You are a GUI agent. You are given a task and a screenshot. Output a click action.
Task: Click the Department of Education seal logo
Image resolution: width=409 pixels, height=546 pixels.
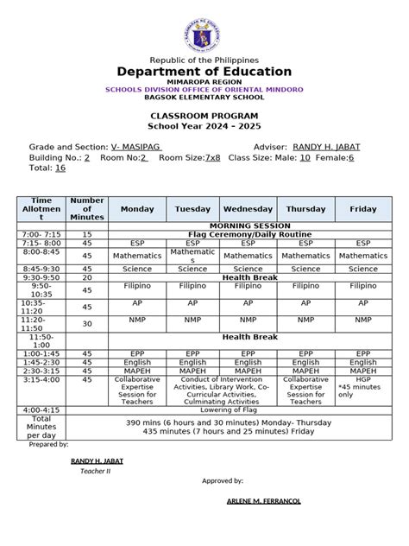tap(204, 29)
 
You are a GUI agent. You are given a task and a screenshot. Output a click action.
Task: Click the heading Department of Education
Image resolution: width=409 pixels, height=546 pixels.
tap(204, 71)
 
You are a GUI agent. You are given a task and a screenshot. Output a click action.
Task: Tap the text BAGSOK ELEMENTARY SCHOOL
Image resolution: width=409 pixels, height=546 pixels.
tap(204, 98)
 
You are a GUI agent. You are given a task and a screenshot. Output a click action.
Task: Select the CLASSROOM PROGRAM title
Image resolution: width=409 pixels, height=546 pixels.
tap(204, 115)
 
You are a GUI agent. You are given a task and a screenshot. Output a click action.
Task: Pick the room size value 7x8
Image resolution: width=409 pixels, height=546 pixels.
tap(212, 158)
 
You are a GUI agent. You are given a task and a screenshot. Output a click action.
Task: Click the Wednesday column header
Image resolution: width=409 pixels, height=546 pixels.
tap(249, 209)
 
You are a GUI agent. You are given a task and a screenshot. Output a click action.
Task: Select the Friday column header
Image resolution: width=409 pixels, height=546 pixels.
tap(362, 209)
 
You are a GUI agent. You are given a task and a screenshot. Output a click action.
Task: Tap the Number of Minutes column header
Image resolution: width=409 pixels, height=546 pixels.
tap(87, 209)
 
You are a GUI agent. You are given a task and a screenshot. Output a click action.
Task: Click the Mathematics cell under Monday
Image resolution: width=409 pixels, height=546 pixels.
tap(137, 256)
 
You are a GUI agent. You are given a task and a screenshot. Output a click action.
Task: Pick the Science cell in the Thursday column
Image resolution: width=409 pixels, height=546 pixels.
tap(305, 269)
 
